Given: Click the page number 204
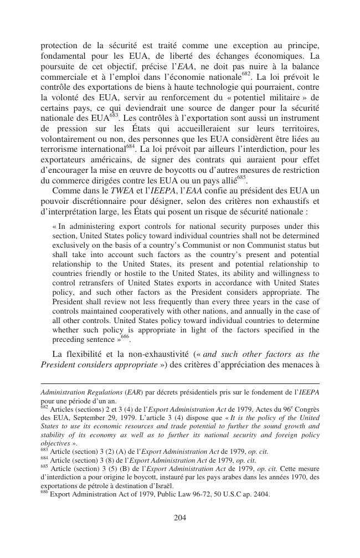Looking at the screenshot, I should coord(179,518).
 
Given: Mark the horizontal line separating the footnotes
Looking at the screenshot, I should coord(180,383).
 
